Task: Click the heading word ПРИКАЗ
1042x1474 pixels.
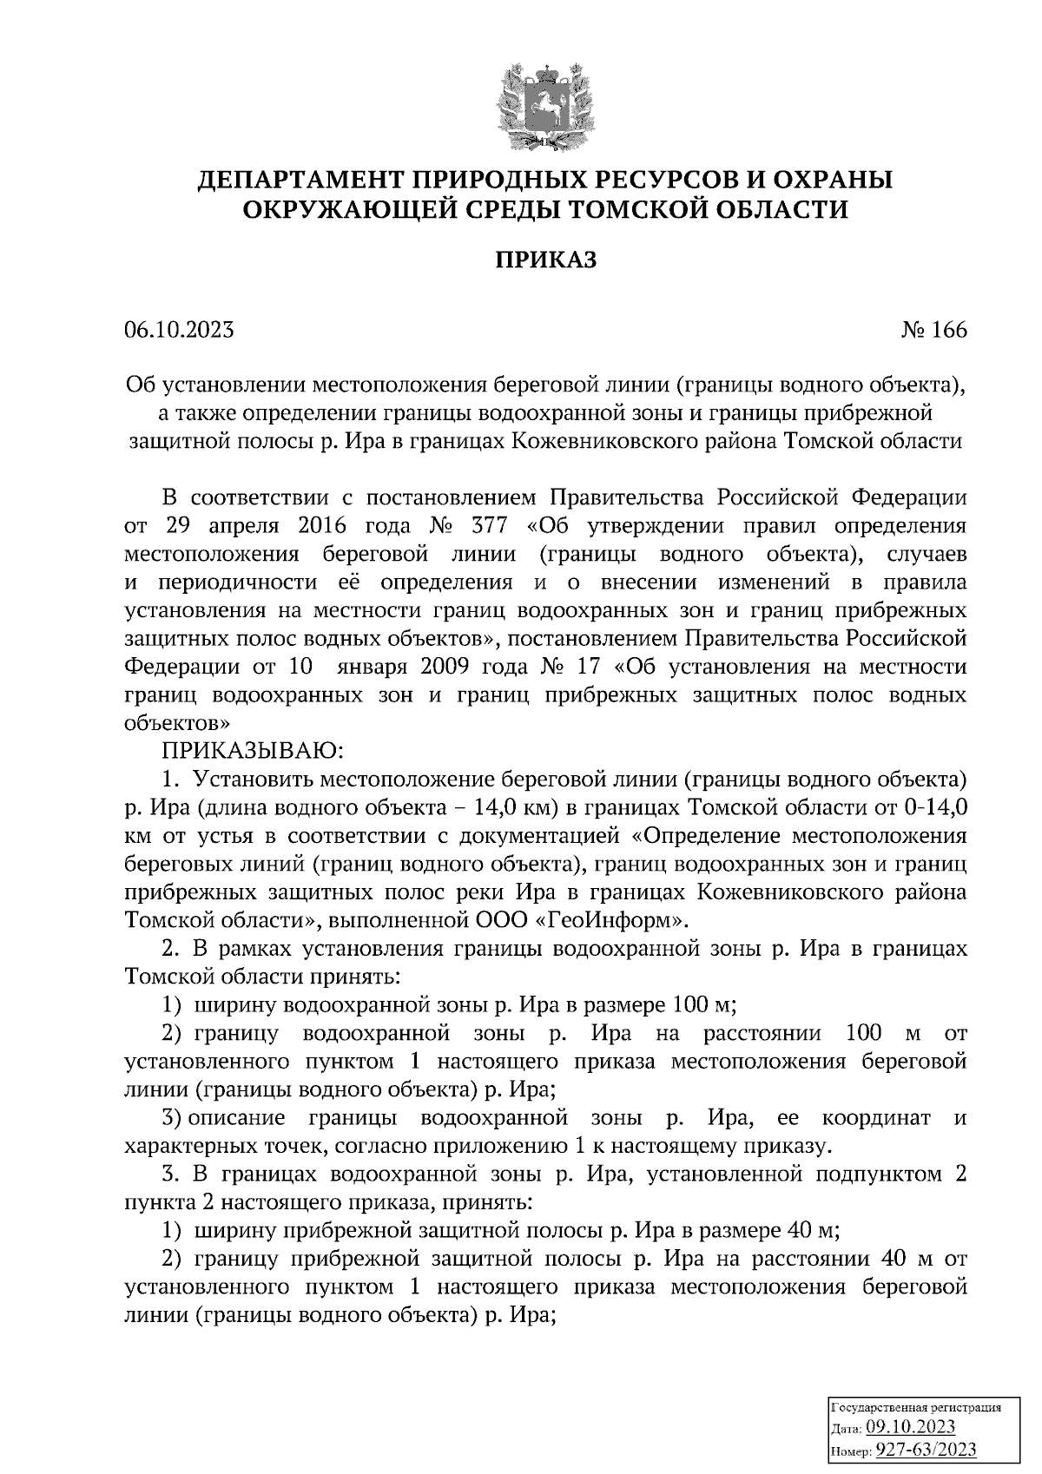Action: point(546,260)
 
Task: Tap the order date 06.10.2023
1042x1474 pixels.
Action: point(180,331)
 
